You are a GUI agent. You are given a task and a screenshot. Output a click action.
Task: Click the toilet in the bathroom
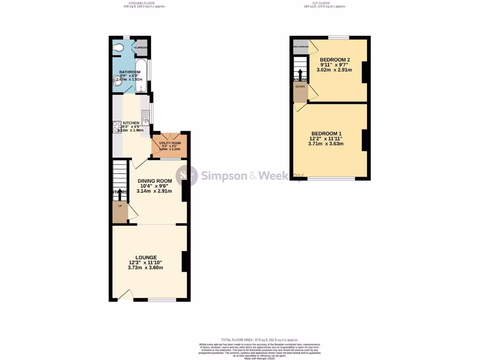tap(119, 47)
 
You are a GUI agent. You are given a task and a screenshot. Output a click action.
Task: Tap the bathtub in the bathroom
tap(141, 75)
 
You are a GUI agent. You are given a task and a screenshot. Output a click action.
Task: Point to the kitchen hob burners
tap(116, 127)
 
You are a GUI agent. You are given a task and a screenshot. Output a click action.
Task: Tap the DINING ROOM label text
tap(154, 181)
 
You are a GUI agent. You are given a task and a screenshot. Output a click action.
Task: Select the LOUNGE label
tap(146, 257)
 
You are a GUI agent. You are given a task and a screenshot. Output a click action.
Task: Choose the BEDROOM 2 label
tap(335, 60)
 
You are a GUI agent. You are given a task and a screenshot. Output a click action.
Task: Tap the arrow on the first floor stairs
tap(300, 74)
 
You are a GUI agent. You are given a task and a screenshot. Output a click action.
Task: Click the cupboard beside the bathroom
tap(142, 47)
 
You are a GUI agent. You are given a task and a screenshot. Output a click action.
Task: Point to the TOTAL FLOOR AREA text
tap(259, 339)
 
